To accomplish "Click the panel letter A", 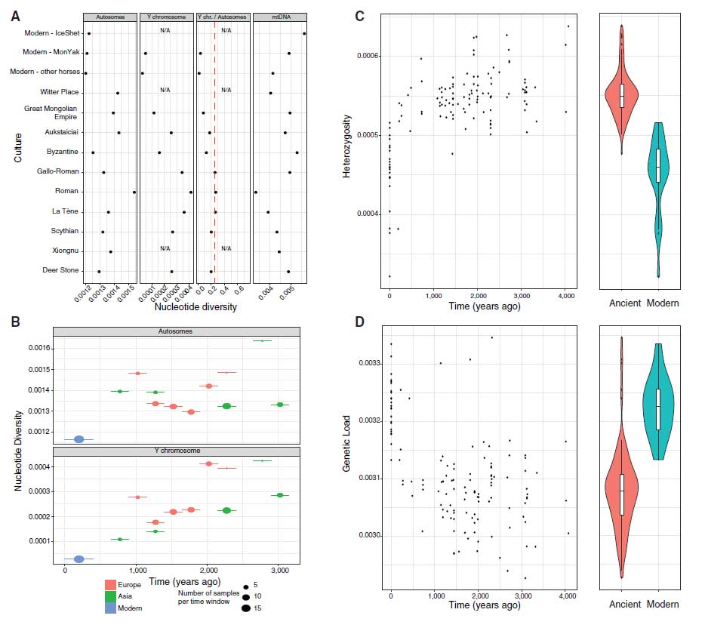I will tap(15, 15).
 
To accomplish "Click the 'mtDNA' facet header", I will tap(279, 16).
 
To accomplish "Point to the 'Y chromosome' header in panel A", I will tap(166, 16).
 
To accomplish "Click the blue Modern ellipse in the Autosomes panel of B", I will tap(79, 439).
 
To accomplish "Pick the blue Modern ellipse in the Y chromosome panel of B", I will tap(79, 559).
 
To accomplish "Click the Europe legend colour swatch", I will tap(110, 584).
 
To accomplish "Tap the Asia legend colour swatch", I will tap(110, 596).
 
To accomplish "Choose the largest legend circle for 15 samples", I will tap(247, 607).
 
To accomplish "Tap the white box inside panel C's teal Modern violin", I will tap(658, 165).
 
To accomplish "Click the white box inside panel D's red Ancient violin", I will tap(621, 494).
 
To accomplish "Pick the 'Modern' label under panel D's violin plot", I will tap(662, 604).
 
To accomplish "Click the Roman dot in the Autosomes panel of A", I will tap(134, 192).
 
